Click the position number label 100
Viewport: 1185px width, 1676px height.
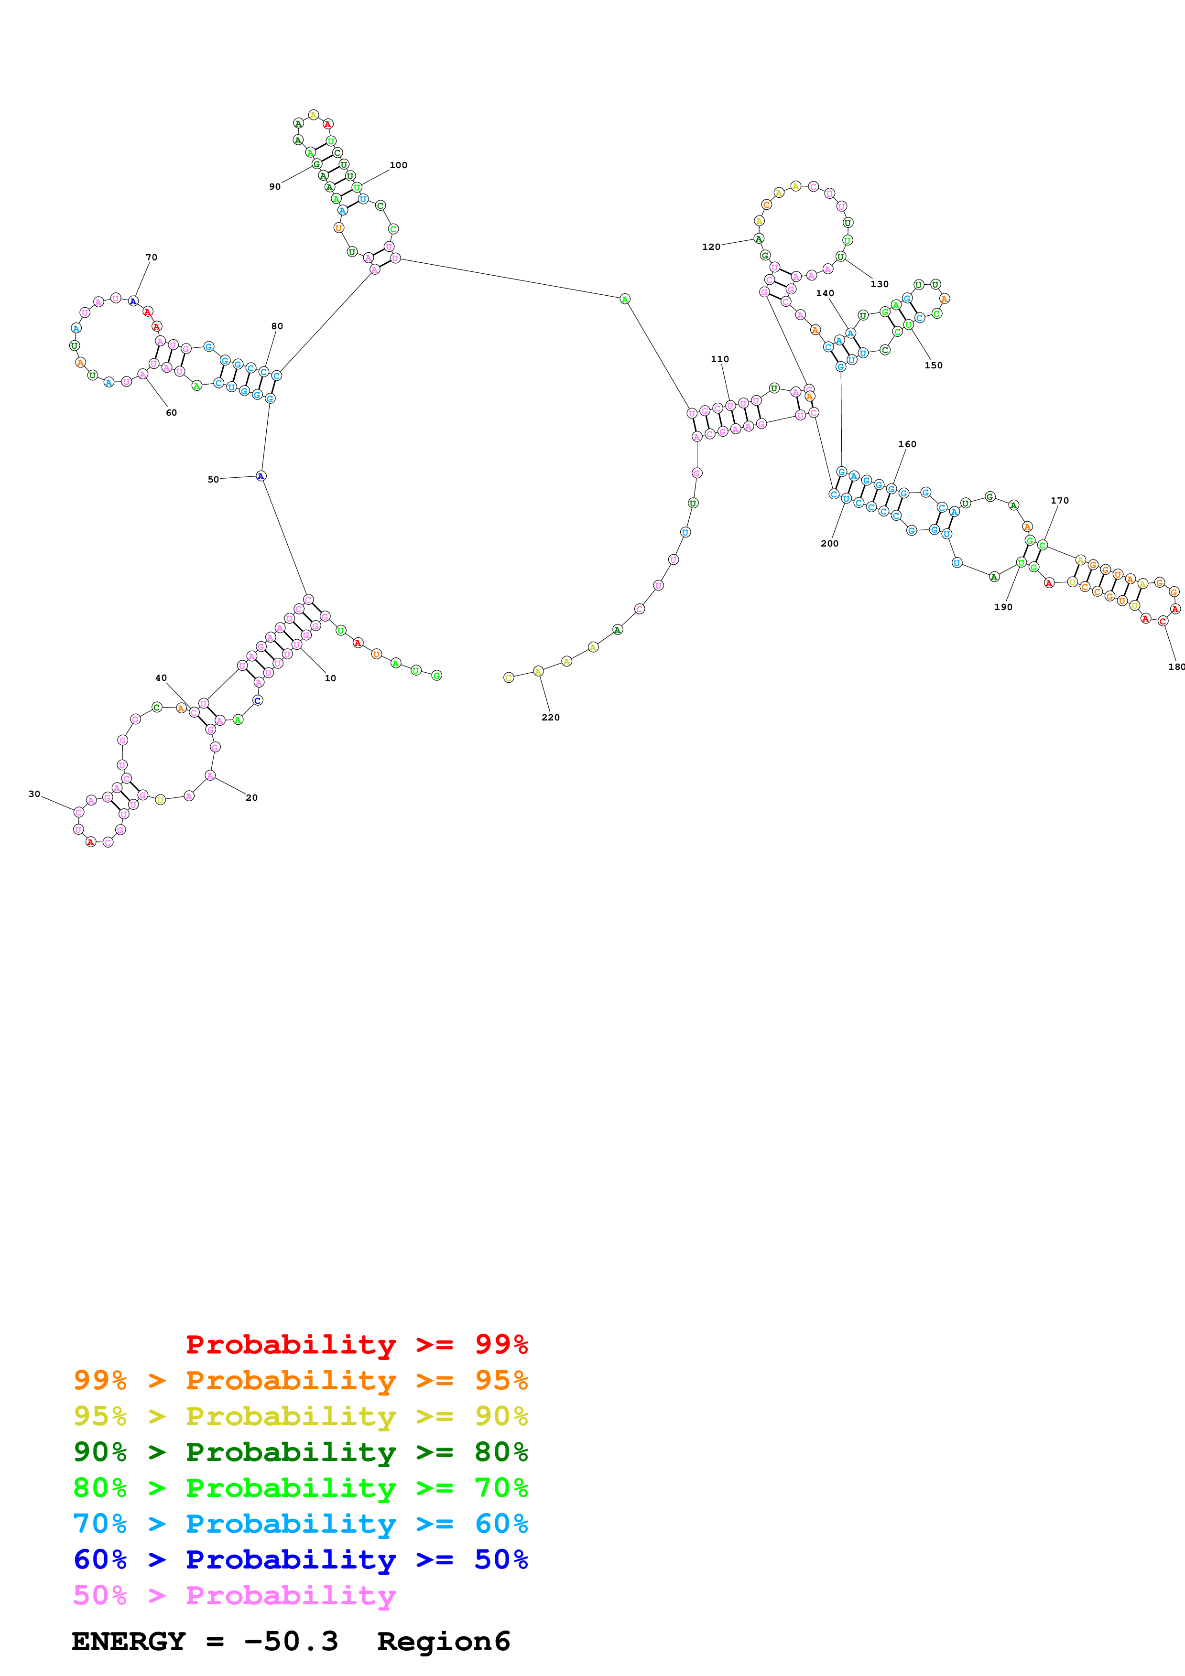coord(398,165)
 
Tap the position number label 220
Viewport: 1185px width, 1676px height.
coord(551,718)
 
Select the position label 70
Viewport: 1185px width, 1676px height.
coord(151,258)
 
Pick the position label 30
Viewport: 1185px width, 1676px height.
coord(34,794)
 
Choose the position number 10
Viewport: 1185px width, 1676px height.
coord(330,678)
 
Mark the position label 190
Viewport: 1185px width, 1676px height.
coord(1003,607)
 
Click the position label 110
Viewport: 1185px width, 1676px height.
coord(719,359)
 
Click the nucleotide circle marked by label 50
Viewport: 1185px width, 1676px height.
coord(261,476)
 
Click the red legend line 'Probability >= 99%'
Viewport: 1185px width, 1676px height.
coord(356,1344)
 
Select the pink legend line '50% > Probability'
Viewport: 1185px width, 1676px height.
coord(234,1595)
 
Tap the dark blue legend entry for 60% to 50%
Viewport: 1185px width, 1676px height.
coord(300,1559)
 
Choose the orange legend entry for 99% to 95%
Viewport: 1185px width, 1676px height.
coord(300,1380)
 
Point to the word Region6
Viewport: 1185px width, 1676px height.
coord(443,1642)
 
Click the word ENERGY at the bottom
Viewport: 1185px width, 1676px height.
coord(129,1642)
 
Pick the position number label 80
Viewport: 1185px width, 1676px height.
coord(277,326)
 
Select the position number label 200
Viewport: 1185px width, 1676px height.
coord(829,543)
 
